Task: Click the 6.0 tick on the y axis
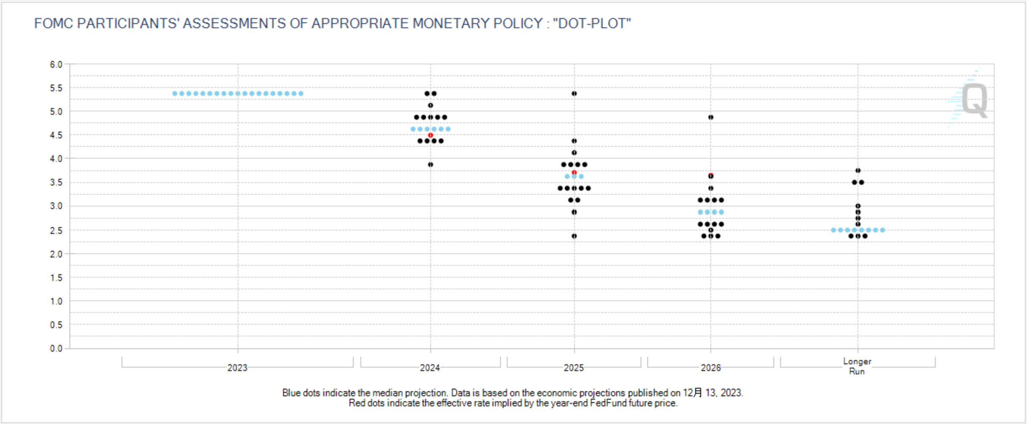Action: (56, 64)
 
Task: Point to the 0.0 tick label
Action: (56, 348)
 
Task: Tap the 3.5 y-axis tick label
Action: (56, 183)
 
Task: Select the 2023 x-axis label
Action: (237, 368)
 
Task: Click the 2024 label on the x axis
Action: (430, 368)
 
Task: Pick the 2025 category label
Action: (574, 368)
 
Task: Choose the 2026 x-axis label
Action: (711, 368)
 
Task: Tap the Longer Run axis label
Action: (857, 366)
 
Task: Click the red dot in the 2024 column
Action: (430, 135)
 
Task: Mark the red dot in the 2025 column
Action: (574, 172)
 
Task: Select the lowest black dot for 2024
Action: (430, 164)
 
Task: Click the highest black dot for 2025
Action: (574, 93)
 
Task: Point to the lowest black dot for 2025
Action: (574, 236)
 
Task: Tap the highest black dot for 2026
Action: (711, 117)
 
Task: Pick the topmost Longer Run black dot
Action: (858, 170)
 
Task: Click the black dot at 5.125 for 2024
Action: (430, 105)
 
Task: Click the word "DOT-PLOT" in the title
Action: (592, 24)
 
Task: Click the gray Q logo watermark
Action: (974, 100)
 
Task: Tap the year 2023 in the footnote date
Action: (731, 393)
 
